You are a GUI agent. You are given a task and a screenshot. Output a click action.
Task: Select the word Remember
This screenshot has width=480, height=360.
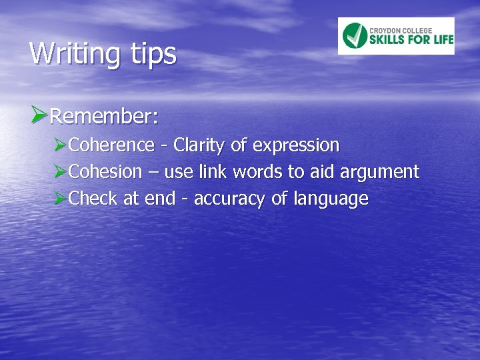(x=103, y=117)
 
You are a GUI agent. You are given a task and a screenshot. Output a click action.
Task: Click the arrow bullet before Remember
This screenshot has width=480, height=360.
(x=39, y=116)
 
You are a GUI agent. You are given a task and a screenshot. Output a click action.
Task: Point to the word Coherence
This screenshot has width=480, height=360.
(x=111, y=145)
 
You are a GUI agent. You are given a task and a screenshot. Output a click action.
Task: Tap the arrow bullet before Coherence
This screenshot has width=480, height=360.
(x=61, y=145)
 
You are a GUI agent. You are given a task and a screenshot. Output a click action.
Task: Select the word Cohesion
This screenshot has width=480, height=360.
(x=105, y=172)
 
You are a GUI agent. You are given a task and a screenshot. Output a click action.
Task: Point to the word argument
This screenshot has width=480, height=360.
(x=379, y=173)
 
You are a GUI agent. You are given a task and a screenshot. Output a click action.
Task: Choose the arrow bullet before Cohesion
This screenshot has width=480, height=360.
(x=61, y=171)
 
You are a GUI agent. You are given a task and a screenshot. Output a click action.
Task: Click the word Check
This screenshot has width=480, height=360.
(x=93, y=199)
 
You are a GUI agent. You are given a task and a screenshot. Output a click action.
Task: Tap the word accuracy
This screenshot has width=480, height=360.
(x=230, y=199)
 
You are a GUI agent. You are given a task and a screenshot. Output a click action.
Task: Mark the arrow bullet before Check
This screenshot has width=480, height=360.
(x=61, y=198)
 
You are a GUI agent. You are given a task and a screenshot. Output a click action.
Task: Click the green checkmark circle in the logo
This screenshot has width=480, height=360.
(x=355, y=36)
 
